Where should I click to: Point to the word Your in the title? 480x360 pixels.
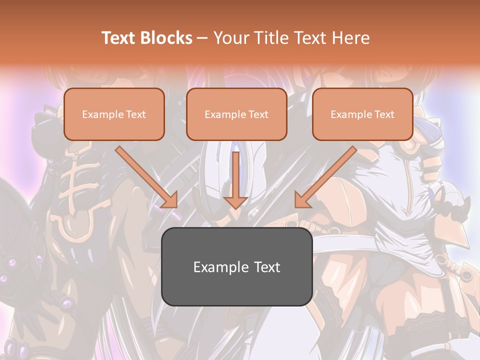(230, 38)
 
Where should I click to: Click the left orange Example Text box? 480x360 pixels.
(114, 114)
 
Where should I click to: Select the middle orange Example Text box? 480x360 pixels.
(236, 114)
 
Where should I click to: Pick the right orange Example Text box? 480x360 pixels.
(362, 114)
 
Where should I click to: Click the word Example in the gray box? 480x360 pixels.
(214, 267)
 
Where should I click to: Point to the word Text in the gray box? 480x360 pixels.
(265, 267)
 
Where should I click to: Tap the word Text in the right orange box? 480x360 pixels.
(384, 114)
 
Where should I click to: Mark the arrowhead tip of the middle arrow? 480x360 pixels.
(236, 207)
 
